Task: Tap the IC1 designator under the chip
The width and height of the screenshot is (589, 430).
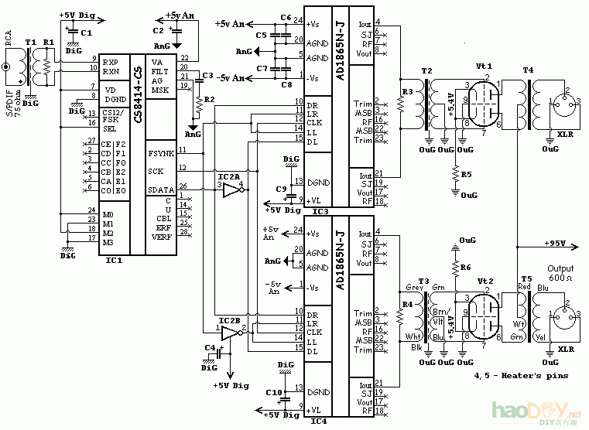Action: pos(114,261)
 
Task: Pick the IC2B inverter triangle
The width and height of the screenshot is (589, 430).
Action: pos(231,333)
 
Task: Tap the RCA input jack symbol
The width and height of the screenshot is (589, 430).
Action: pos(8,67)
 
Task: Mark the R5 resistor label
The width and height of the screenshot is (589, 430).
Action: pos(465,175)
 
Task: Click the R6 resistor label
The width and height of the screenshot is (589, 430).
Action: pos(464,267)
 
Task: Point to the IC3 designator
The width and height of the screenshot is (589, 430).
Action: pos(320,211)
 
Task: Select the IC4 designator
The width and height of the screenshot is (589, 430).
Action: pos(320,421)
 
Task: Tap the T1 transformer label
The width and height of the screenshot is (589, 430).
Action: pos(31,43)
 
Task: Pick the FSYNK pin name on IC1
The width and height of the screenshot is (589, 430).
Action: pos(161,152)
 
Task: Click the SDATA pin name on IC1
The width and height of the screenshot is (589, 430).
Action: pos(161,189)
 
